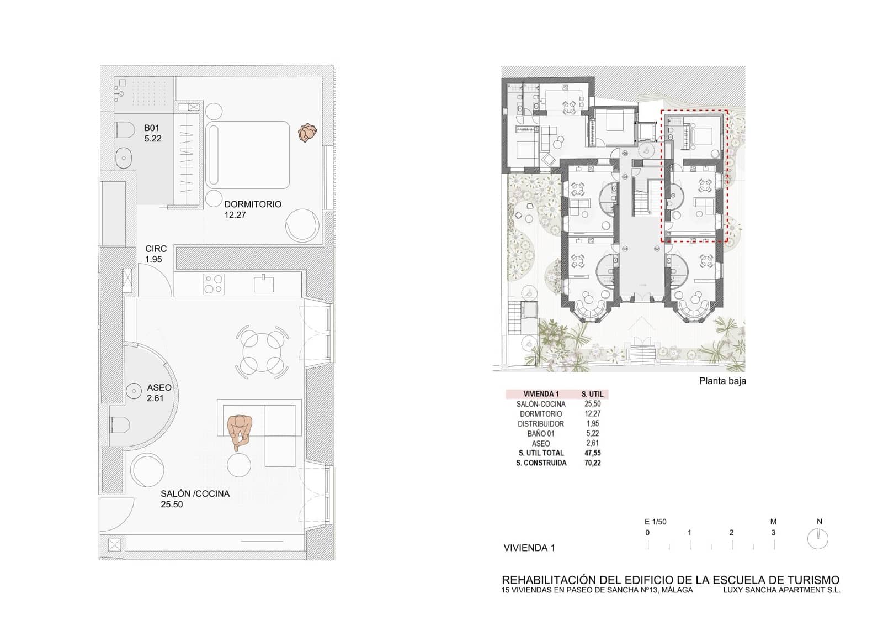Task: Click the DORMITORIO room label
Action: (252, 204)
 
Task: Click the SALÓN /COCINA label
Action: (195, 494)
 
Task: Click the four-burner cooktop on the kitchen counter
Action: (213, 284)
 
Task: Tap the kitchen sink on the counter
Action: (264, 284)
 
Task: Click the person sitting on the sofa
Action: (240, 429)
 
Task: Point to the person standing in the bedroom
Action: (307, 133)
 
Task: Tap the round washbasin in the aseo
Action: (134, 391)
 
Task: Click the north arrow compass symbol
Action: (818, 538)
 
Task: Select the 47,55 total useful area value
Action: (592, 453)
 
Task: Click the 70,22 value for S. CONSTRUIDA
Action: (592, 463)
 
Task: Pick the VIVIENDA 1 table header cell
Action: (541, 394)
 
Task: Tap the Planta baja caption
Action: (722, 381)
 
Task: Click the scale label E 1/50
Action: (655, 522)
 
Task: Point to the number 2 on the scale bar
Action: (731, 533)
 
